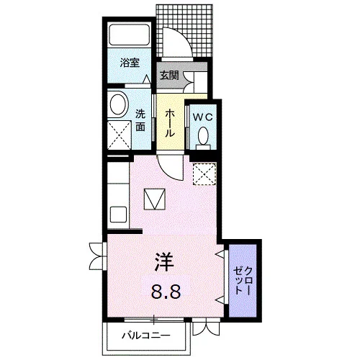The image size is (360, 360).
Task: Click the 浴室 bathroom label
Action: pos(130,63)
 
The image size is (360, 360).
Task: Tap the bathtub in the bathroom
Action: pos(130,34)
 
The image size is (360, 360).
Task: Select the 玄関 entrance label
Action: pos(169,76)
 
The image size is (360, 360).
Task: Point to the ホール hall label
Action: pos(169,122)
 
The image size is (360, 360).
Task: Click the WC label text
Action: pos(203,117)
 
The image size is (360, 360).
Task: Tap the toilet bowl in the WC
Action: pos(204,135)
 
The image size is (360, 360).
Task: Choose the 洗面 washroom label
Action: pos(140,120)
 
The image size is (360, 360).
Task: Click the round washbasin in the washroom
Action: pos(118,104)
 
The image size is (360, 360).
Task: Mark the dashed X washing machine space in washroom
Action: pos(120,135)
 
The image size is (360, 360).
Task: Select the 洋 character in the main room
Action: pos(164,261)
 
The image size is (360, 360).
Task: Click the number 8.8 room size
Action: pos(166,291)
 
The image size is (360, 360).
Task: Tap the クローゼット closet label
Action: pos(243,280)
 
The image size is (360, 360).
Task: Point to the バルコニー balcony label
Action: pos(146,335)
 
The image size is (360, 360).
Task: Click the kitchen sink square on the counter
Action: pos(118,215)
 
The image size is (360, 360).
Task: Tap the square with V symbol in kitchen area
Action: pos(155,199)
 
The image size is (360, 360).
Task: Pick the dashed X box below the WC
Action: pos(204,174)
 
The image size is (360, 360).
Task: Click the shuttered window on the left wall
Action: pos(98,256)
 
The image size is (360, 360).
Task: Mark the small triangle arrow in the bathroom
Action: pos(147,79)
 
